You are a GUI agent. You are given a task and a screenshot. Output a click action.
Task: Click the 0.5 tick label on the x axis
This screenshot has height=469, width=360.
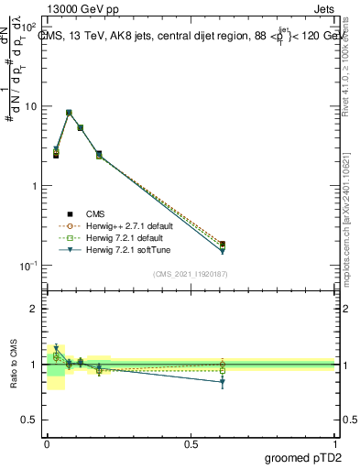191,443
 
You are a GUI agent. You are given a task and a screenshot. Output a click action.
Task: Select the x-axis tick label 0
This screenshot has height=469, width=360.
47,443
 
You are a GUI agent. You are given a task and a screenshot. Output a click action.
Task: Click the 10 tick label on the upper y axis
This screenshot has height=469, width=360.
30,106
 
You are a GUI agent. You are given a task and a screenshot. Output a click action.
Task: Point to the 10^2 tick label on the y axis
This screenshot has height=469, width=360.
28,27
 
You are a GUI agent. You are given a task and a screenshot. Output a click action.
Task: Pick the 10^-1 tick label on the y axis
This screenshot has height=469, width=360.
28,266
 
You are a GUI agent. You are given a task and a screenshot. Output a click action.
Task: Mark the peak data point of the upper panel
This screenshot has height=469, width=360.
69,113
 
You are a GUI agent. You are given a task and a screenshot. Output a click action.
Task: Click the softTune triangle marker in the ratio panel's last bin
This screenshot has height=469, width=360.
222,382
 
